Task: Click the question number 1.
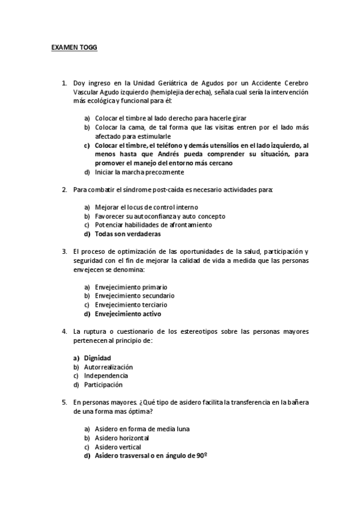tap(64, 84)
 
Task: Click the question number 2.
tap(64, 190)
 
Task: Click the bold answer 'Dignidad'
tap(97, 358)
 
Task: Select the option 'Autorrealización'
tap(108, 367)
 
